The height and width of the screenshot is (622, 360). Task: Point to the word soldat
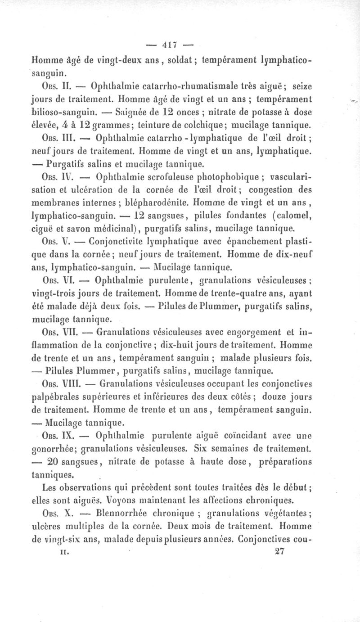(x=182, y=59)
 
